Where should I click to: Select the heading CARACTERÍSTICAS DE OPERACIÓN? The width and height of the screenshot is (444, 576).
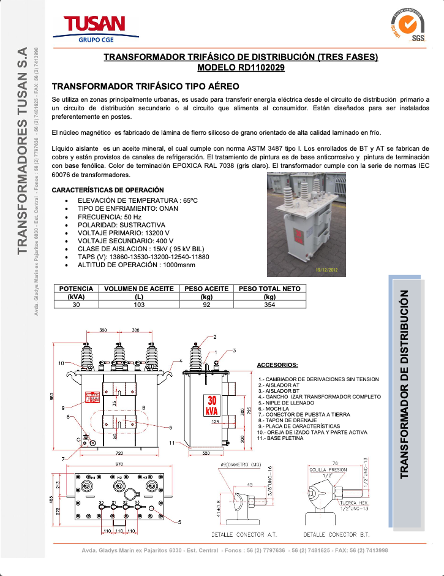pos(108,189)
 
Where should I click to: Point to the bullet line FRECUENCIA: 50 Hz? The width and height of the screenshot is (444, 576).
pos(110,217)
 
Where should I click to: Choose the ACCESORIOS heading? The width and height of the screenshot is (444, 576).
pos(277,365)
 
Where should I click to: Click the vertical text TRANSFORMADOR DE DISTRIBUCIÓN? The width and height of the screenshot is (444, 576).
pos(404,384)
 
